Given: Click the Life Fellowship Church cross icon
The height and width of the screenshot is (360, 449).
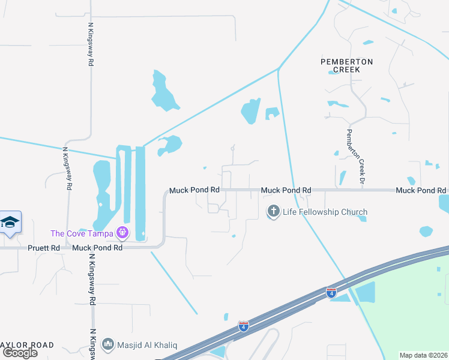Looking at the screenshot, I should [x=274, y=212].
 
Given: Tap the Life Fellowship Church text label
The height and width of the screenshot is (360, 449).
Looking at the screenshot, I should [x=325, y=212].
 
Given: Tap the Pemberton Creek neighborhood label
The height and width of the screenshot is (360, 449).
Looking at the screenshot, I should [x=346, y=65].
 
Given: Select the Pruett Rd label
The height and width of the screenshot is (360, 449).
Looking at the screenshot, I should [x=43, y=248].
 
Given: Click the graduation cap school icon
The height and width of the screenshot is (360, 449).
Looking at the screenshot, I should [x=11, y=223].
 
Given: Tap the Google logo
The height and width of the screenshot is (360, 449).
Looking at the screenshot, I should [x=20, y=353].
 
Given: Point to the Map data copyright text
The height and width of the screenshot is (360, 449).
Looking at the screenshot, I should [x=424, y=355].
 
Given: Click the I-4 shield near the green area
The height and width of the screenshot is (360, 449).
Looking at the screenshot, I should [x=331, y=293].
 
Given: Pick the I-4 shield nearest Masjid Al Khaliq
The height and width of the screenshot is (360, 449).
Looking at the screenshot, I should [x=243, y=326].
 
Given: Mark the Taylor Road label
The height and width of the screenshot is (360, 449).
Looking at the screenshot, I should [x=27, y=345].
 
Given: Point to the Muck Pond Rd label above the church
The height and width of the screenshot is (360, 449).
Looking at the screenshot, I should [x=286, y=190].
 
